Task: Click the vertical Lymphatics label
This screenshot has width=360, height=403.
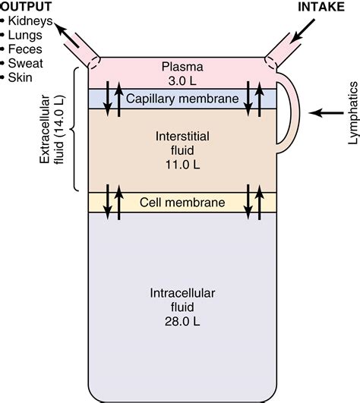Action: tap(352, 112)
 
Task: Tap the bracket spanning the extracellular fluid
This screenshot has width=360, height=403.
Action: tap(76, 129)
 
